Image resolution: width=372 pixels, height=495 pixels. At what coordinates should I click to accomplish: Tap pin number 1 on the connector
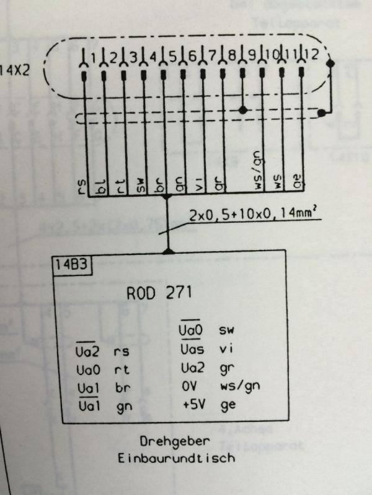[93, 58]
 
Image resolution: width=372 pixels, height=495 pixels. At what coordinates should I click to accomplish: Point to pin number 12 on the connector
[312, 54]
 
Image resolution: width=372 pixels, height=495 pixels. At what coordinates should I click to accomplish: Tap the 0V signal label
[189, 386]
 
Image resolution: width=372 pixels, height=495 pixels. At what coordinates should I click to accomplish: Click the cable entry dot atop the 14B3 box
[167, 252]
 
